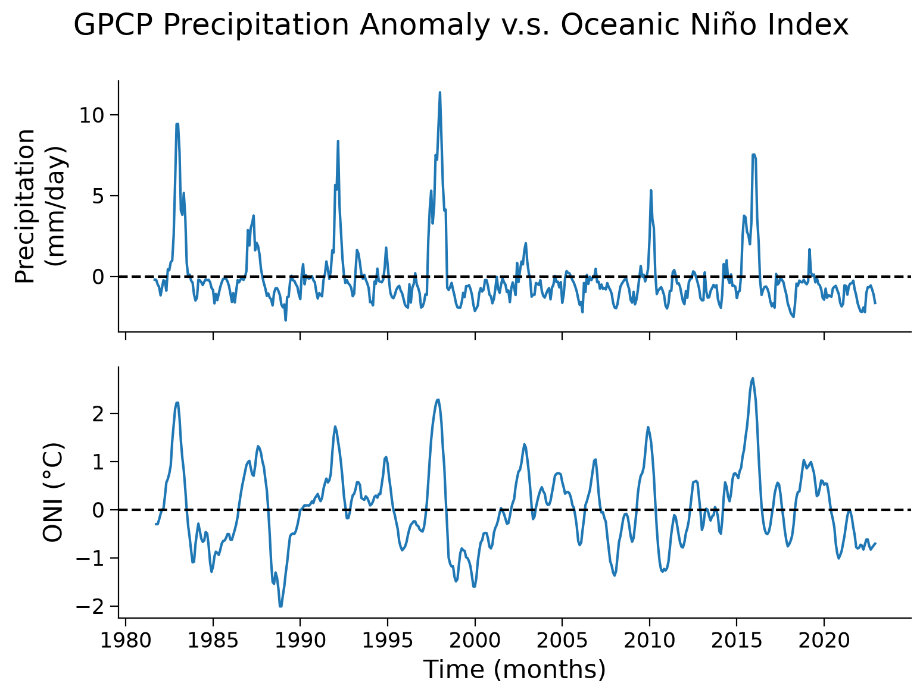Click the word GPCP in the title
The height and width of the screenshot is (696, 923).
113,25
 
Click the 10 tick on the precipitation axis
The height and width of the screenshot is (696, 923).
92,115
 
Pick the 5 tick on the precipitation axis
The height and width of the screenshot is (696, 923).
98,196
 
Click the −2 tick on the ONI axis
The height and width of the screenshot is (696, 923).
90,606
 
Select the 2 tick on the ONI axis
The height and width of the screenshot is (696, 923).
98,414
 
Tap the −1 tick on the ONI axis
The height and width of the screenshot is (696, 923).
90,558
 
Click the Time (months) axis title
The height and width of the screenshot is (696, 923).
514,670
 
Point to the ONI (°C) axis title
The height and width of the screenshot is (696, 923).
53,492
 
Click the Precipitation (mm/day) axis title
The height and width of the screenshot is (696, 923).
40,206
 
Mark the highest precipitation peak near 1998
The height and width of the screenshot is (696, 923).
440,92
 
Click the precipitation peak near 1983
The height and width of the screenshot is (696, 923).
177,124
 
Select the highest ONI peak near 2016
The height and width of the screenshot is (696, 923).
753,378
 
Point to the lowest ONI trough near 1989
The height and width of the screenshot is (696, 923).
280,606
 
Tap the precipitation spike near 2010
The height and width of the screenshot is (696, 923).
651,191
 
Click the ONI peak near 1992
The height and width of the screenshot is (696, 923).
335,427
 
